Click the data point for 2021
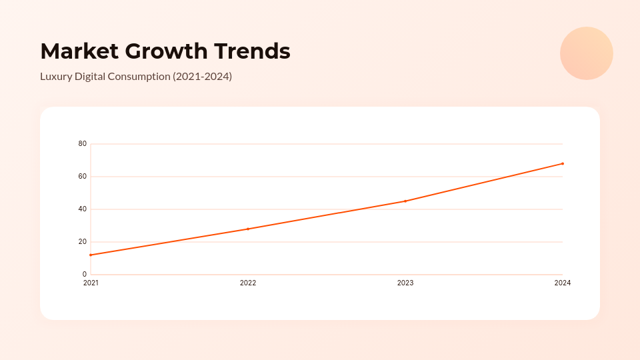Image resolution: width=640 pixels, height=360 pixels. pos(91,255)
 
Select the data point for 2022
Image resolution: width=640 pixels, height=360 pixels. pos(248,229)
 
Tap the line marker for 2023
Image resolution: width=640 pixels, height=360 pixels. pos(405,201)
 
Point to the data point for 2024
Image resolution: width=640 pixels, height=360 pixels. pos(563,163)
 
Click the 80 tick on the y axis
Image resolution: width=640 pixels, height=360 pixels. pos(83,144)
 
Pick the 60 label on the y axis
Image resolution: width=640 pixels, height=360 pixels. pos(83,177)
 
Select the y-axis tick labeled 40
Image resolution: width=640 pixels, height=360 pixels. pos(83,209)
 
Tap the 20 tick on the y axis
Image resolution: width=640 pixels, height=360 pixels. pos(83,242)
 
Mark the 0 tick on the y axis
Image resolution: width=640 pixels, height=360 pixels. pos(85,275)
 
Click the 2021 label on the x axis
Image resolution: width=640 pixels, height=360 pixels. pos(91,283)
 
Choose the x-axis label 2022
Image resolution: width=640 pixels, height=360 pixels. pos(248,283)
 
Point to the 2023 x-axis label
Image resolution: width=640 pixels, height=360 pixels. pos(405,283)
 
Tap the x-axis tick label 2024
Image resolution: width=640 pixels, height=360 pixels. pos(563,283)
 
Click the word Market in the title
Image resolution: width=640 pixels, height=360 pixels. pos(79,51)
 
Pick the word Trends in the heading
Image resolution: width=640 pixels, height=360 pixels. pos(252,51)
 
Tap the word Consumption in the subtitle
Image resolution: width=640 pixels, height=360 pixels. pos(138,77)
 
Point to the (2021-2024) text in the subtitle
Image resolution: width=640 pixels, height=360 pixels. pos(202,77)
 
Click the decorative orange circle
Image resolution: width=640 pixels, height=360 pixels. pos(587,53)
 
